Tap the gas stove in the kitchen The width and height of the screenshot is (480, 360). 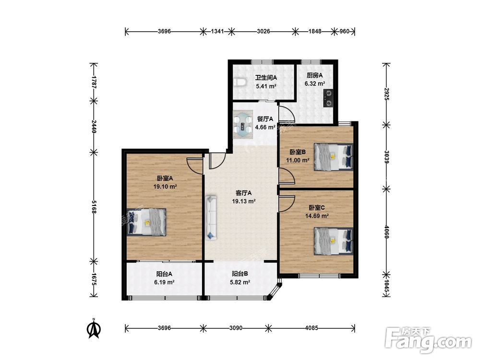328,98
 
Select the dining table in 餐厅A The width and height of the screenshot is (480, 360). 243,125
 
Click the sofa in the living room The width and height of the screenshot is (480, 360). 211,218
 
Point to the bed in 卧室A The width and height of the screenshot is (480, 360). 146,222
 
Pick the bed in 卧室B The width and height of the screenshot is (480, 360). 334,157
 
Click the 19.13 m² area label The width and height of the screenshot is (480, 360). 244,202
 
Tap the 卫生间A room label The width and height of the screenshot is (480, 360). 266,78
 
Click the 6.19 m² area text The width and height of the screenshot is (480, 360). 164,282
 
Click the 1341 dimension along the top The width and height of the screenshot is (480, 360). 217,31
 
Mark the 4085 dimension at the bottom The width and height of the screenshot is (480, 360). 312,328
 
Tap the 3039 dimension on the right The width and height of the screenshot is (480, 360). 386,157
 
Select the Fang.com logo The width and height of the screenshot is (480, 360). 429,339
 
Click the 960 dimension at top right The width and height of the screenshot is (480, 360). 344,31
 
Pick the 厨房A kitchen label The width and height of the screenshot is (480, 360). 315,75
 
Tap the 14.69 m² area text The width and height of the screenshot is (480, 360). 317,216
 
